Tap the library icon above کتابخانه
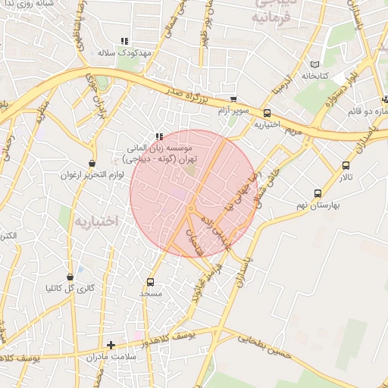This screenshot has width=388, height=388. [315, 65]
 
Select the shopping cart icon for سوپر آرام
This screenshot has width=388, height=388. [233, 99]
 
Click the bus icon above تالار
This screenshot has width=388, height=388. [346, 165]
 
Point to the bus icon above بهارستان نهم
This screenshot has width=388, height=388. [318, 193]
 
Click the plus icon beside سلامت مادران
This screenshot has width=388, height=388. [111, 345]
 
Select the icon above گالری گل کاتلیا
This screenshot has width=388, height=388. [70, 277]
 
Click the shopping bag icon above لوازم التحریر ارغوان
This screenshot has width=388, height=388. [92, 163]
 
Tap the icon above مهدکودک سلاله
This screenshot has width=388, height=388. [124, 42]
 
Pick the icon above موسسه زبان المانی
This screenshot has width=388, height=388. [158, 136]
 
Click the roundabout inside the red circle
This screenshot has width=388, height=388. [191, 208]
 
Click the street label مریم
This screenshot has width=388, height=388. [294, 130]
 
